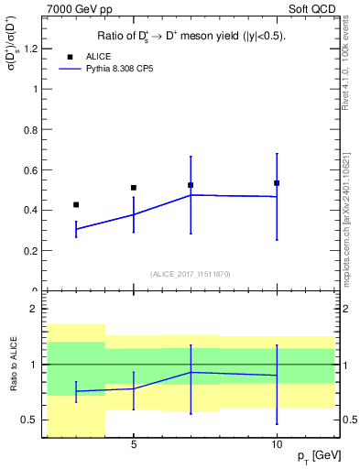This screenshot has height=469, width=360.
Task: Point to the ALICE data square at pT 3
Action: pos(76,204)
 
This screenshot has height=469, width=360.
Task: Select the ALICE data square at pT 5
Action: pos(134,188)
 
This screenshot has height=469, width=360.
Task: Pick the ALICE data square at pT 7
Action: pos(191,185)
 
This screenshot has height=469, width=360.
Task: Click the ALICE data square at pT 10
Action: pos(277,183)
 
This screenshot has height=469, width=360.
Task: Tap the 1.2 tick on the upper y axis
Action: pos(32,49)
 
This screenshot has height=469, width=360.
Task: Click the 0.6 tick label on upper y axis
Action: pos(32,169)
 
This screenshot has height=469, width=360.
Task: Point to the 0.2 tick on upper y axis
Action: pos(32,250)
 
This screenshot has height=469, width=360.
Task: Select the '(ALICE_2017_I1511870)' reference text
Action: pos(191,274)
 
